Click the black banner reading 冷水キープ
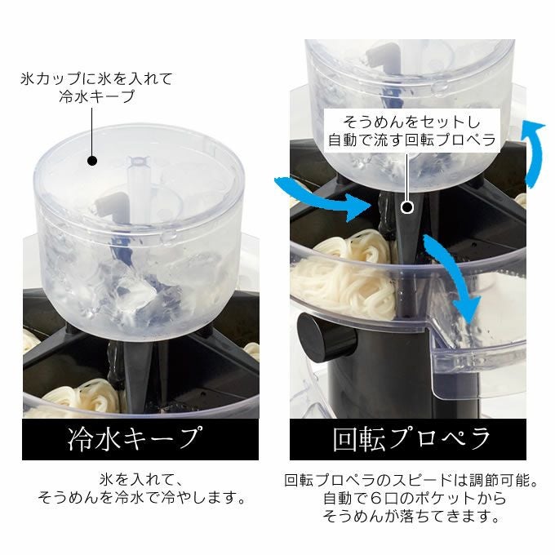coord(140,439)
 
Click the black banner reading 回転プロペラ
coord(408,439)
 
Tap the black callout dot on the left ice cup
coord(92,161)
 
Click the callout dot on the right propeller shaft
coord(407,207)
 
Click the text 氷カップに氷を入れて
coord(96,78)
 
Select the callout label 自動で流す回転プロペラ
coord(412,140)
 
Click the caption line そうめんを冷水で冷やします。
coord(141,497)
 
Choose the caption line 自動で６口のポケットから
coord(415,498)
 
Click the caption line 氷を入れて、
coord(141,480)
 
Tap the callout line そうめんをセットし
coord(411,122)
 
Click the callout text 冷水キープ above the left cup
coord(97,96)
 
